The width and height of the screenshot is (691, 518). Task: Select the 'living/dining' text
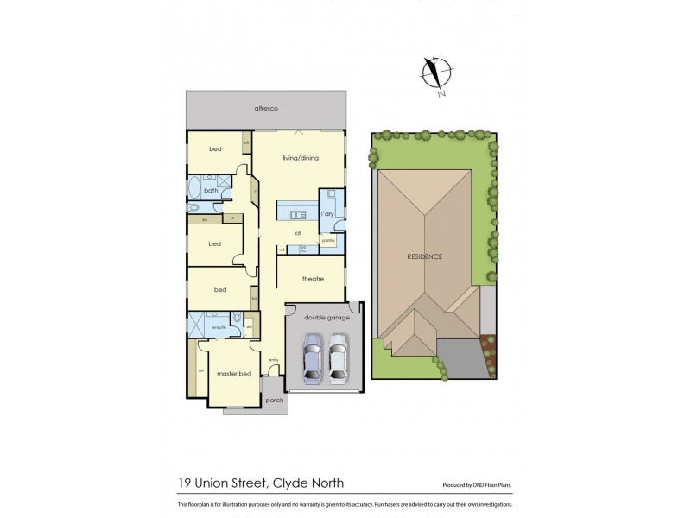coord(300,158)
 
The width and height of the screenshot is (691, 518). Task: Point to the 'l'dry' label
coord(327,213)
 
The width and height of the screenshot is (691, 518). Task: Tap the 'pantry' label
coord(328,242)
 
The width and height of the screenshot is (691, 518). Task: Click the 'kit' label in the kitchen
coord(297,233)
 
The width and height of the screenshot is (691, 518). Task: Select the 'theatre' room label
coord(312,278)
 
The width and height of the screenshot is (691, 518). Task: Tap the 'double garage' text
coord(324,317)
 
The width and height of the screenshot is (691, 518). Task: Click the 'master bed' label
coord(233,373)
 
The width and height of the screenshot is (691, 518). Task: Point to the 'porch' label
coord(275,401)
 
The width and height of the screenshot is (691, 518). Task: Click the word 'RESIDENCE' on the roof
coord(426,257)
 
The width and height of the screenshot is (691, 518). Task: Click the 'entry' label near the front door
coord(274,360)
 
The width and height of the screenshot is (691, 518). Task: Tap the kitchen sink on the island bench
coord(298,215)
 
